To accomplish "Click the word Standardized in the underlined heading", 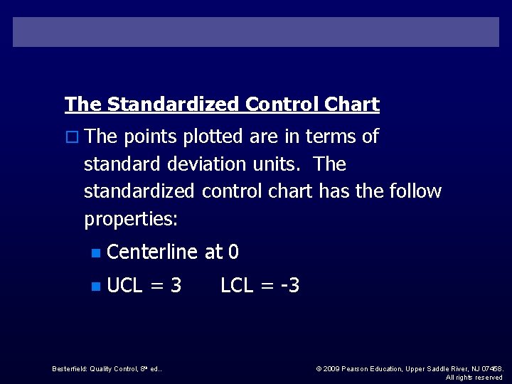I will tap(174, 105).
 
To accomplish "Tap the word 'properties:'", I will tap(131, 219).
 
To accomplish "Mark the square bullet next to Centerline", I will tap(96, 252).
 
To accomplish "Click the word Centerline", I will tap(152, 252).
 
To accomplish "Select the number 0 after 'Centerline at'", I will tap(233, 252).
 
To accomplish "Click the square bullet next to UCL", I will tap(96, 287).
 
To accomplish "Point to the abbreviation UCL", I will tap(124, 286).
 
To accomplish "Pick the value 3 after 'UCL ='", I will tap(176, 286).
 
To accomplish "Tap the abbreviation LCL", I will tap(237, 286).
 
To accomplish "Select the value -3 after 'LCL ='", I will tap(289, 286).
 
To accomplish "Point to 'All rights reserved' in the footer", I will tap(474, 377).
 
